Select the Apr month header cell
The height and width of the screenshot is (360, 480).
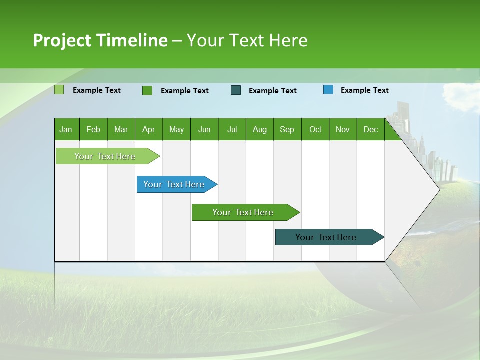[x=149, y=129]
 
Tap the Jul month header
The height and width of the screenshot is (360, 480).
[x=232, y=129]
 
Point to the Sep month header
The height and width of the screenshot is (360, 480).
[x=287, y=129]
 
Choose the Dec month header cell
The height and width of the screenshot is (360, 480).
[x=370, y=129]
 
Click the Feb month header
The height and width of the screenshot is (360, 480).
[x=93, y=129]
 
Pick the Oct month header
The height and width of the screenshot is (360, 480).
[x=315, y=129]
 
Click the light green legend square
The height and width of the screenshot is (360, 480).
[x=59, y=90]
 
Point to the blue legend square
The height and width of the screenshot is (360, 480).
[x=328, y=90]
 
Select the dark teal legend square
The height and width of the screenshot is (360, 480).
[x=236, y=90]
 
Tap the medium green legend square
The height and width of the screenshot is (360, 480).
[x=147, y=90]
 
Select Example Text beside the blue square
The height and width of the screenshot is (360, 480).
[x=364, y=90]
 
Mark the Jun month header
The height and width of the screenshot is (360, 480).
[x=204, y=129]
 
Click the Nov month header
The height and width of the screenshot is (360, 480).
[x=343, y=129]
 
